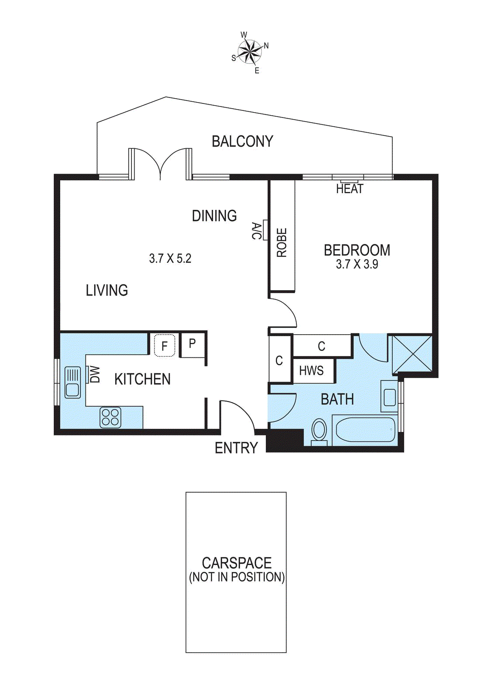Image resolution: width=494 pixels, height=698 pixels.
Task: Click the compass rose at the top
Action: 249,52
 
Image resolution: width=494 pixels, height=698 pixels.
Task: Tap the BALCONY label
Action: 243,141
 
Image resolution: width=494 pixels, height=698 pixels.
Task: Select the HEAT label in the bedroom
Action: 350,188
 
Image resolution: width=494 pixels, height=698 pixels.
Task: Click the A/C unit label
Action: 256,231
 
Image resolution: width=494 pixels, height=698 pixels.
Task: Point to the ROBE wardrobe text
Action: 282,243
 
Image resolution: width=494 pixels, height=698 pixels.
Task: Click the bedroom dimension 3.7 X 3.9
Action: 357,264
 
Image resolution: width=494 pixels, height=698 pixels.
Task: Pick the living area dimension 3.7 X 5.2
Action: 170,258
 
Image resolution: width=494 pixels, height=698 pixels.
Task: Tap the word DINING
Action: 214,216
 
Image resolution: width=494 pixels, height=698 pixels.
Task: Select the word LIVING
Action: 106,291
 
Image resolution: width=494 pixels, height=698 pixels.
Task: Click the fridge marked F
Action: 165,345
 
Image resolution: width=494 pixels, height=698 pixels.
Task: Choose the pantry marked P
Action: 192,345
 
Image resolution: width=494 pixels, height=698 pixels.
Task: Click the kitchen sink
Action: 72,382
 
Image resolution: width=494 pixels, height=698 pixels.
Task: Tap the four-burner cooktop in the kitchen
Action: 110,417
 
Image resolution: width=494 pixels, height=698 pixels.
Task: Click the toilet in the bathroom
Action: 319,432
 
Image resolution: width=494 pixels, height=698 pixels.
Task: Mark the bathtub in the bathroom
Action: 365,430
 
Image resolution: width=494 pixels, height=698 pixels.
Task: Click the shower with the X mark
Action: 412,354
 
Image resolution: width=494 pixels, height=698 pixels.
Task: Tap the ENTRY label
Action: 236,448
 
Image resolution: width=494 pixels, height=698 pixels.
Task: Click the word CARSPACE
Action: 237,563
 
